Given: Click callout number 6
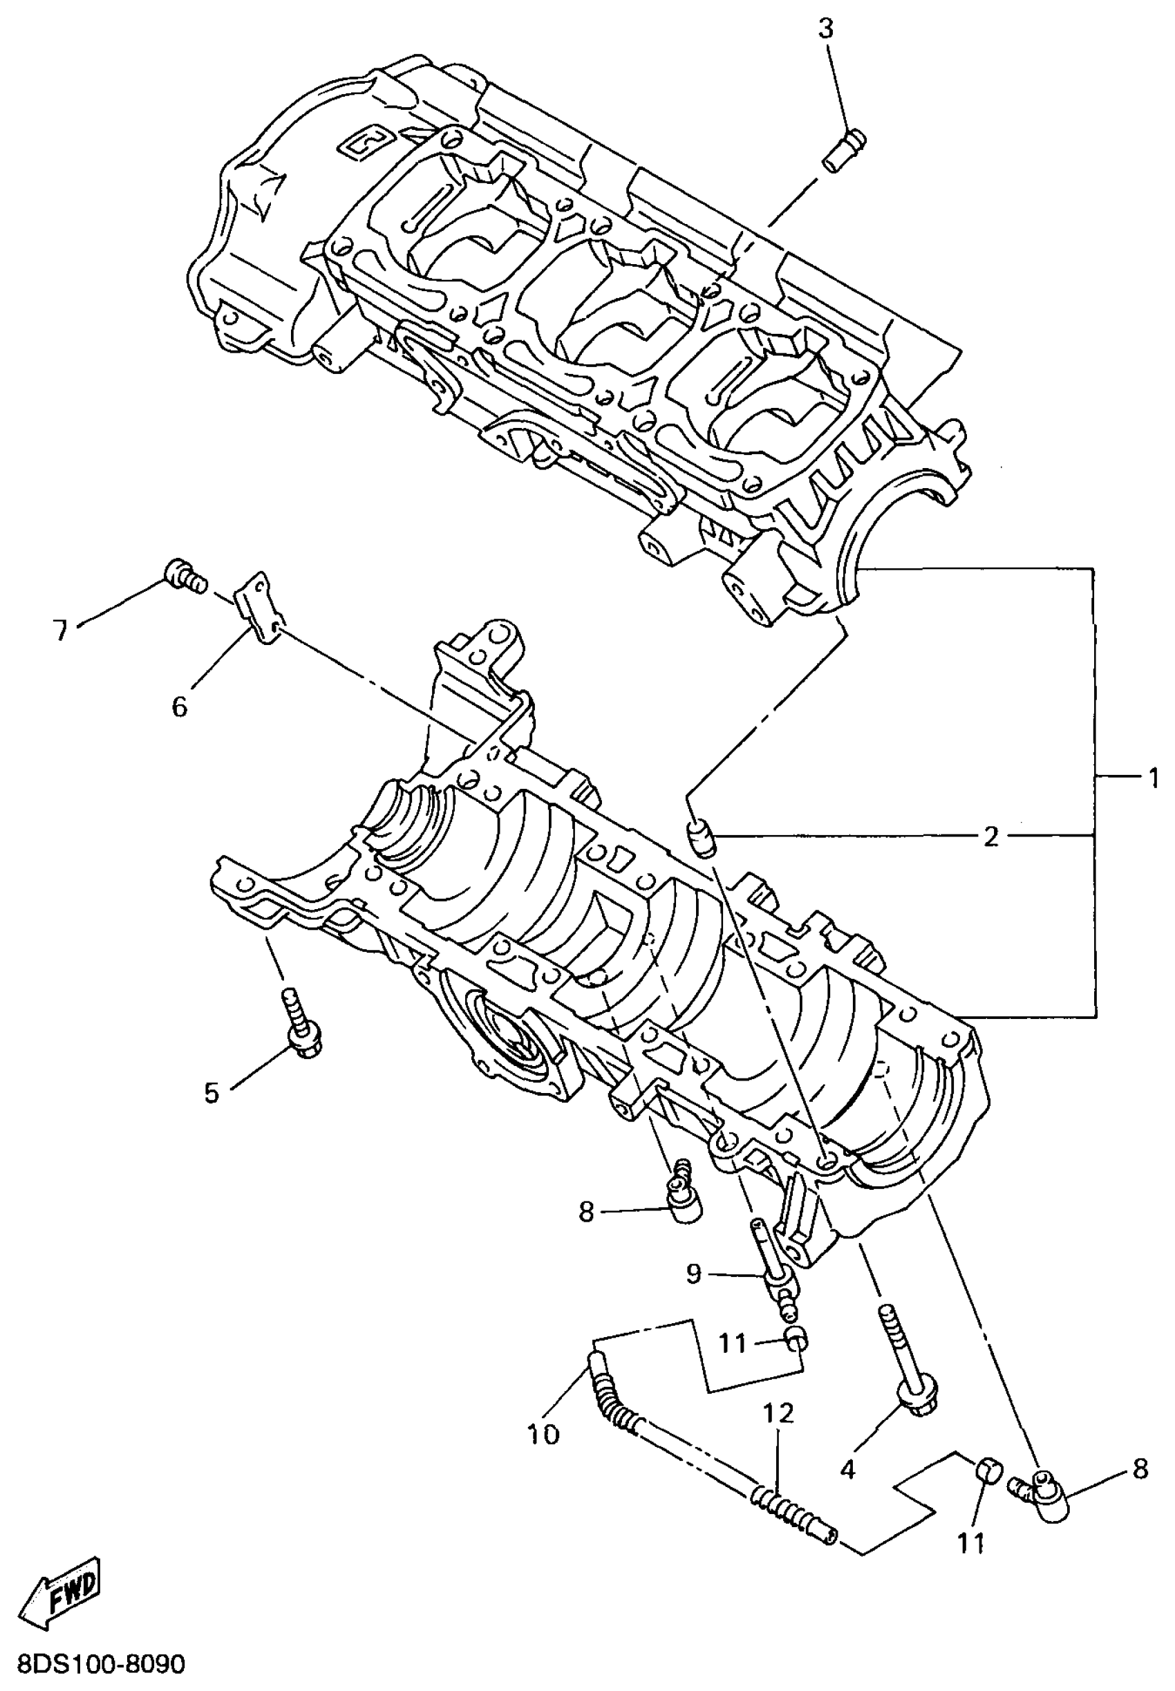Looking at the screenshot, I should [180, 706].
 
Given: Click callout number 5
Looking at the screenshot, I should [212, 1093].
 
